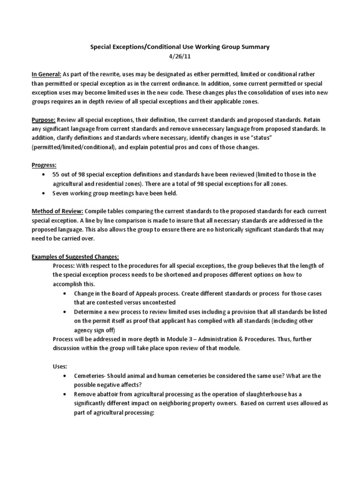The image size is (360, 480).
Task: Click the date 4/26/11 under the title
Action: [x=180, y=57]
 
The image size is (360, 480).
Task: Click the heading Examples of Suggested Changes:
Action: [x=75, y=256]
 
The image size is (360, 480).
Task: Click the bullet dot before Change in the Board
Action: [x=65, y=293]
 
